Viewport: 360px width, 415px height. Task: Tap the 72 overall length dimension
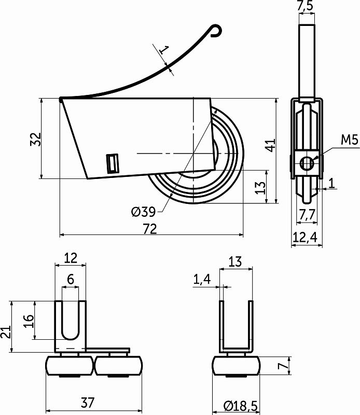149,229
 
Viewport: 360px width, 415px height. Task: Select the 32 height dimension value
35,139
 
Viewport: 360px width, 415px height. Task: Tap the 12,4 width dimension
305,237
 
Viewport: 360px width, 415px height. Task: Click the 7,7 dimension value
306,212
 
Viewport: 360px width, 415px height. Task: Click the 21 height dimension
6,328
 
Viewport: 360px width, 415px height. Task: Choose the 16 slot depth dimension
29,321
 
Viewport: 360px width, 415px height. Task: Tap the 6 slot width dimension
71,279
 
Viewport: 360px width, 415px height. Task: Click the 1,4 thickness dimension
202,280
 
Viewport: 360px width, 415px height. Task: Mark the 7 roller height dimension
282,366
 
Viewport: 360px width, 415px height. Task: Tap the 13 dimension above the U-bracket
235,261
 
